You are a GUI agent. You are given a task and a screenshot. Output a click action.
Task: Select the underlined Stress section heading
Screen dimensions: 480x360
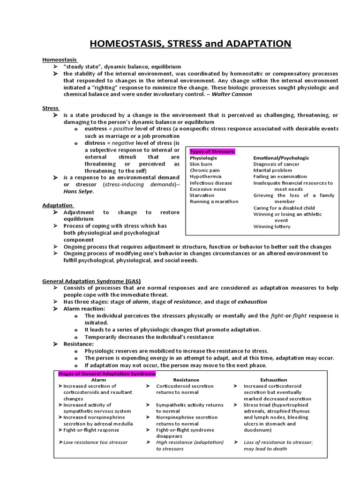coord(51,108)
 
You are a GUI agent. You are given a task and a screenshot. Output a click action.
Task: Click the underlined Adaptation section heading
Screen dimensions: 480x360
coord(58,205)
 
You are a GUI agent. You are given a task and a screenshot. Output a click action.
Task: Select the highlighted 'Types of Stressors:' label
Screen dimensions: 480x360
coord(212,151)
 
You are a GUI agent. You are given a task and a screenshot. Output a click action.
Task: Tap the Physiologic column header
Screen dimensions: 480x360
coord(203,158)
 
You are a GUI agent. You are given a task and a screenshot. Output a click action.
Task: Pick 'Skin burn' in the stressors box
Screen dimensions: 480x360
coord(201,165)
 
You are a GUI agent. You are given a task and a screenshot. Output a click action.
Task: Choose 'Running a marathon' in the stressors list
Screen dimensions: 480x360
coord(214,202)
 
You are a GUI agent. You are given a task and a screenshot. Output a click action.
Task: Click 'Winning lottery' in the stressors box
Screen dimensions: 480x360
coord(272,226)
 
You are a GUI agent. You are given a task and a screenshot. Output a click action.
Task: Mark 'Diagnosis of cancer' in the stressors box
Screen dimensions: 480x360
coord(277,165)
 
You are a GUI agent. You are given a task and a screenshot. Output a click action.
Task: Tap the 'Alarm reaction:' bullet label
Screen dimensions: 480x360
coord(84,308)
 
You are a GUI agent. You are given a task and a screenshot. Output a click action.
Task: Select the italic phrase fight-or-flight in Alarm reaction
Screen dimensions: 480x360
coord(289,315)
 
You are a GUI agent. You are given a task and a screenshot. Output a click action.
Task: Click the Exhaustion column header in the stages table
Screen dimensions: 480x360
coord(274,380)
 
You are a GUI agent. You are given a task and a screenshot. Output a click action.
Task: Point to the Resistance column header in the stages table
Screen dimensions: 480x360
coord(186,380)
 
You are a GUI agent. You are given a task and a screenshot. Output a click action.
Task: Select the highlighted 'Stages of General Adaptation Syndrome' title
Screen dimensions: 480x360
coord(106,374)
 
